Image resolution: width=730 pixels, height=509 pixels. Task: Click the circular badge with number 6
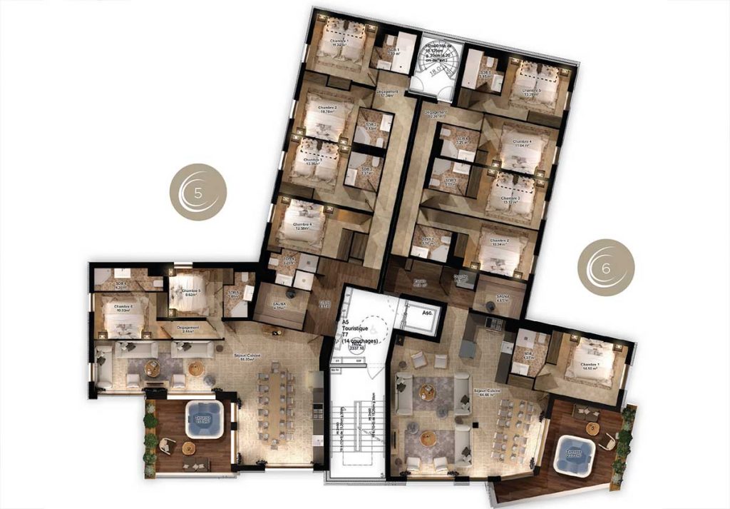point(605,266)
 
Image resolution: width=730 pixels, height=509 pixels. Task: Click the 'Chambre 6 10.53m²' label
point(116,309)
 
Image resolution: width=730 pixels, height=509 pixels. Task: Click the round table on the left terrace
point(187,448)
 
